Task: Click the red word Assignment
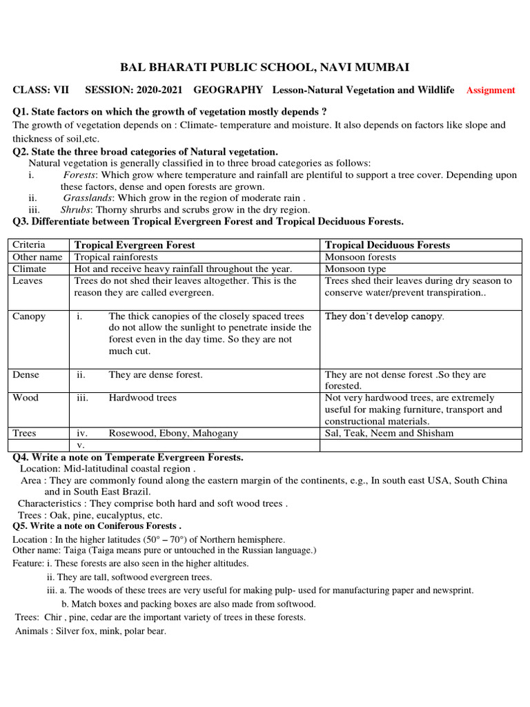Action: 491,90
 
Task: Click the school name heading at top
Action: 265,67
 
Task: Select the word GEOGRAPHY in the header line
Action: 228,90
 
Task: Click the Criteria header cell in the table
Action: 29,245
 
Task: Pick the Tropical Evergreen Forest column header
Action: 135,245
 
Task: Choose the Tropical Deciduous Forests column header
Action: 387,245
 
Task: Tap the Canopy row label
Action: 29,316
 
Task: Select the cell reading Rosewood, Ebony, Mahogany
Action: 173,433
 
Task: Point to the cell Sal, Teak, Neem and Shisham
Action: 389,433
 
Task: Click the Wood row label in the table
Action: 26,398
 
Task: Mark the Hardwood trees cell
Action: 142,398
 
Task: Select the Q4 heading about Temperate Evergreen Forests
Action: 128,457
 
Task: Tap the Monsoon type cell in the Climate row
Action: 355,269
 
